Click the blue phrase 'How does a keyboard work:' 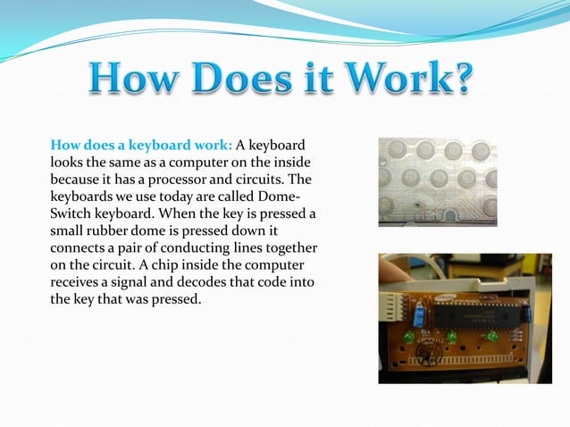(x=141, y=146)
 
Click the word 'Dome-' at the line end (x=293, y=197)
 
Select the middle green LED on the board (x=452, y=337)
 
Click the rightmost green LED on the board (x=491, y=336)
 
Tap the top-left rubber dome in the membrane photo (x=397, y=149)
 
